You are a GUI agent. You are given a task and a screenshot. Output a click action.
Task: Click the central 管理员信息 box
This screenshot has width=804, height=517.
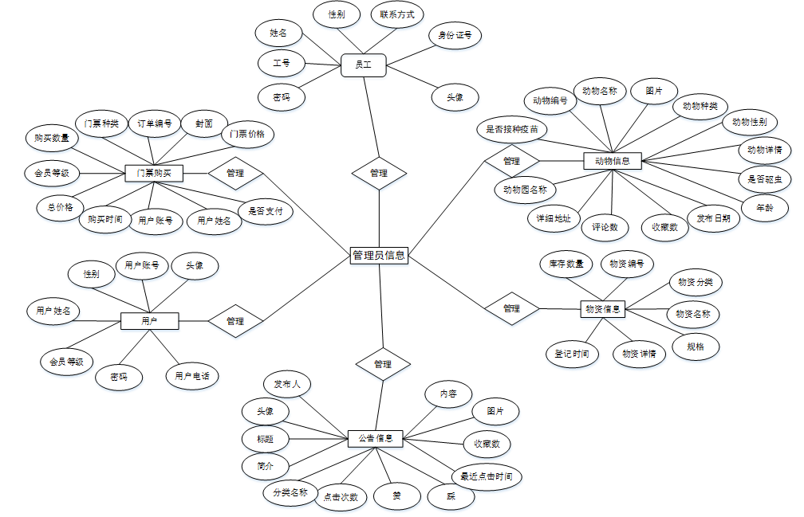point(379,256)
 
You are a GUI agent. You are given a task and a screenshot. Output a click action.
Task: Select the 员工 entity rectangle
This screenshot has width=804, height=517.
point(364,65)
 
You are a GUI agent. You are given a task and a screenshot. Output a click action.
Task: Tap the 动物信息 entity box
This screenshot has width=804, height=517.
point(612,161)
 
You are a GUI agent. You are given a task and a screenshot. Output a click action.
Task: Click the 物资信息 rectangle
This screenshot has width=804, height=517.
point(602,308)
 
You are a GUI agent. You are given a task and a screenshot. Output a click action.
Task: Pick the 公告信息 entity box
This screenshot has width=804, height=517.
point(376,438)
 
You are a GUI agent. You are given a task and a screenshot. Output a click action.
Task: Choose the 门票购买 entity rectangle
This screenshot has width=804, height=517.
point(155,173)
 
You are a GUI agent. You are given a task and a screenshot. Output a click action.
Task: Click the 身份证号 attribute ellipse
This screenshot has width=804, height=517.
point(455,35)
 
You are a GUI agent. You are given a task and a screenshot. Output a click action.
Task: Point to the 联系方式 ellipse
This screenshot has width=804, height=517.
point(397,14)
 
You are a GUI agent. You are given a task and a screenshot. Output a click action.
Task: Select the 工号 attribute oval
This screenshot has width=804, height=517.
point(281,62)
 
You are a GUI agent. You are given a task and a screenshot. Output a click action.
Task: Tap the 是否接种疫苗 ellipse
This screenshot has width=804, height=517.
point(512,128)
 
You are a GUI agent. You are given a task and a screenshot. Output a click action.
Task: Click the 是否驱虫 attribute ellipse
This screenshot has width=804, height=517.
point(764,178)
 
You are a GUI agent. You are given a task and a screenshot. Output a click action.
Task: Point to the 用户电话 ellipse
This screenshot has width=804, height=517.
point(192,375)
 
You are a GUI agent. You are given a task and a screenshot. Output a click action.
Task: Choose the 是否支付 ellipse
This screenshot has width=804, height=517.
point(266,212)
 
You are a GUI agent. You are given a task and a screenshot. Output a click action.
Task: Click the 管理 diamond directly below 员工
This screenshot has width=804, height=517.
point(379,173)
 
